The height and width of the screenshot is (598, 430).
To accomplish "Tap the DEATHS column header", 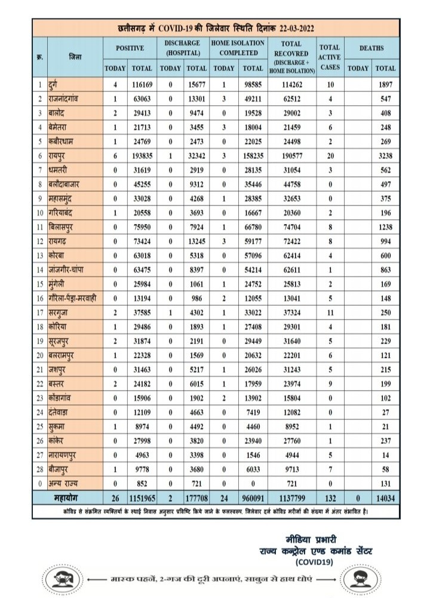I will pos(371,47).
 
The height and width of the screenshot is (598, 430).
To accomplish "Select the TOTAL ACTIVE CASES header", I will pos(329,57).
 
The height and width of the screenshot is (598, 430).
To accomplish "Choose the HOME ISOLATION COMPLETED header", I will pos(238,47).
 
